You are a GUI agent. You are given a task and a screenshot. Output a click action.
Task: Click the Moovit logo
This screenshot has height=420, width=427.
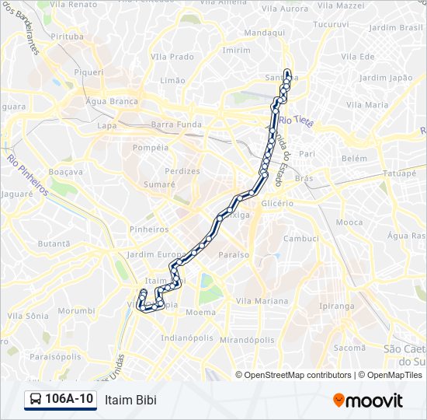pos(368,401)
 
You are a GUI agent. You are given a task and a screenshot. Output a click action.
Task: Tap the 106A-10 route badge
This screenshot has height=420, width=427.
pos(61,399)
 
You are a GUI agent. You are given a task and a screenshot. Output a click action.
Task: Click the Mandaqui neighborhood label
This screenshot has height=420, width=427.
pos(265,33)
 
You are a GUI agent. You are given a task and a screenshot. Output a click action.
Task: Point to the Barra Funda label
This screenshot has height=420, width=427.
pos(175,124)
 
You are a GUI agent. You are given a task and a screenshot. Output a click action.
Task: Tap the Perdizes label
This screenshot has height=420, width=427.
pos(182,171)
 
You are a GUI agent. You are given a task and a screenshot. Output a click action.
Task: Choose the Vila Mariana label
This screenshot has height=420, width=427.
pos(262,301)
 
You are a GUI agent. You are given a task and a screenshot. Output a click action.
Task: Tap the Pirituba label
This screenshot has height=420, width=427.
pos(66,37)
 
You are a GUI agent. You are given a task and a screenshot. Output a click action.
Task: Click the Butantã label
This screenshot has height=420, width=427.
pos(54,243)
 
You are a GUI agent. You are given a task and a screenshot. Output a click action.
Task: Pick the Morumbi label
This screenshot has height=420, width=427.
pos(76,310)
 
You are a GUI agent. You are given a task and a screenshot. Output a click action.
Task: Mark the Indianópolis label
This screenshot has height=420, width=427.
pos(186,338)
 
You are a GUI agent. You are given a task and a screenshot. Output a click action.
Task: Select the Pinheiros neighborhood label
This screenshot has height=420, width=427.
pos(149,229)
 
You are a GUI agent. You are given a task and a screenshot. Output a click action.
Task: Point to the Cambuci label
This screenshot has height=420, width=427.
pos(300,239)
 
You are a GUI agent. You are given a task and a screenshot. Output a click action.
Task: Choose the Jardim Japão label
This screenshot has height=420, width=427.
pos(386,78)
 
